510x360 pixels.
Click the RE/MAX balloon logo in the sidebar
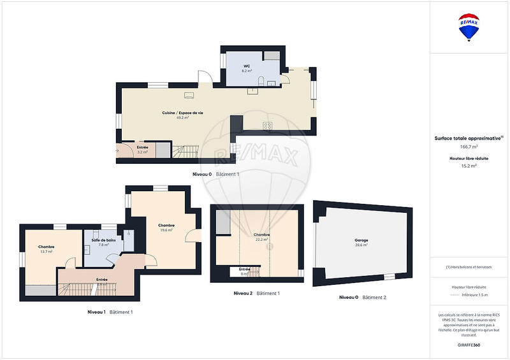click(x=469, y=27)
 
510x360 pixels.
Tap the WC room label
click(x=246, y=66)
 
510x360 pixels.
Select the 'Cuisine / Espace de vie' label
click(x=182, y=113)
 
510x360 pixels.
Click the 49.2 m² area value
click(x=182, y=118)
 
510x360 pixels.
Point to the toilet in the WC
click(x=262, y=81)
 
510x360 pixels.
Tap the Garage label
click(x=361, y=240)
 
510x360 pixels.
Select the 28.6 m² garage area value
click(x=361, y=245)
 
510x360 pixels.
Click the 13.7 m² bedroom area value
click(x=46, y=252)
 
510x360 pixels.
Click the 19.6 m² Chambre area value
click(x=166, y=230)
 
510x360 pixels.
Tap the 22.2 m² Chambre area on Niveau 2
click(x=261, y=240)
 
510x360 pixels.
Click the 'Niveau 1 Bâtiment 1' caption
click(x=110, y=312)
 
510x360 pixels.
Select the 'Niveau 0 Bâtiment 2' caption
click(x=362, y=297)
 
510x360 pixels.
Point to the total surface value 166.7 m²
click(x=469, y=147)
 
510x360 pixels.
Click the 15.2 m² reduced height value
click(x=469, y=166)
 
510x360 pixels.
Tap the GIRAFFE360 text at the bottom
click(x=469, y=344)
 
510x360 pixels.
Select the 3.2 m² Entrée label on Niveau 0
click(x=142, y=152)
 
